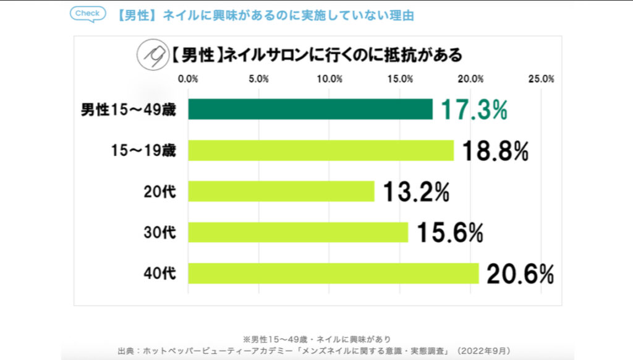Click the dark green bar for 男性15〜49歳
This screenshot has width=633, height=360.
(310, 109)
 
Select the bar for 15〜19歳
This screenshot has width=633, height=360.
(320, 150)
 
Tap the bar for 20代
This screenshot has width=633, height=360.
(281, 191)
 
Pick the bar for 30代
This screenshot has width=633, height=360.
(298, 232)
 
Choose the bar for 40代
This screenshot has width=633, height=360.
(333, 273)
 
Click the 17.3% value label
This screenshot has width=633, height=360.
(474, 109)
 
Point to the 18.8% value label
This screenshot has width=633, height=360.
(495, 150)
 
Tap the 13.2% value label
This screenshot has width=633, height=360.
(416, 192)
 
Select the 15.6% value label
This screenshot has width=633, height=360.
(449, 233)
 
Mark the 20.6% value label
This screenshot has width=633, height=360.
(520, 273)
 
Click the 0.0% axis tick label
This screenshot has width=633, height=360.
(187, 79)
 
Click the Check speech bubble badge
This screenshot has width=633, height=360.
(87, 14)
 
